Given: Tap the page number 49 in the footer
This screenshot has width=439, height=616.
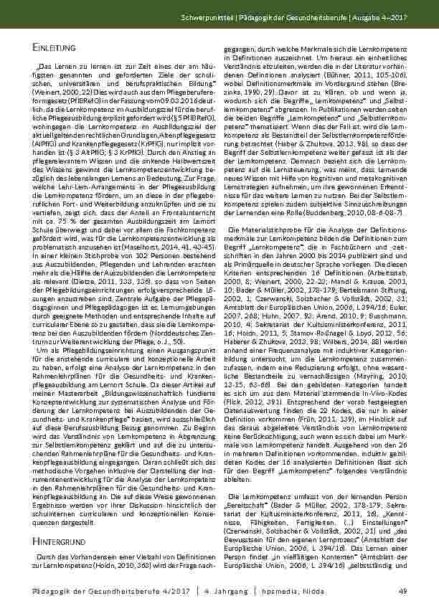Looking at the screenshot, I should tap(402, 589).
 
